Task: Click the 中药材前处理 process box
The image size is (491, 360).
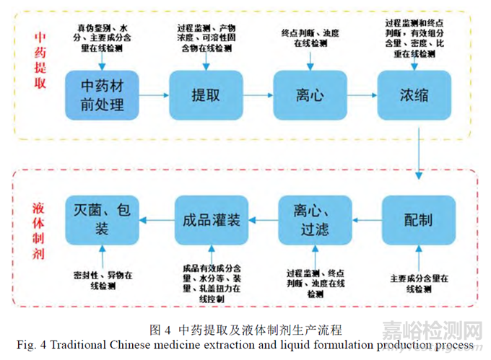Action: [x=103, y=95]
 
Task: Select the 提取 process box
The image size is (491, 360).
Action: [x=205, y=95]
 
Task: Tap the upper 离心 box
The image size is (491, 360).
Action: [x=308, y=95]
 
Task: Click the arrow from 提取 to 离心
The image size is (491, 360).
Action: [x=256, y=95]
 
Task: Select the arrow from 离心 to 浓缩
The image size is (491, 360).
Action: [x=360, y=95]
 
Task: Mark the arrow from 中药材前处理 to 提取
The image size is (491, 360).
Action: [x=153, y=95]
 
